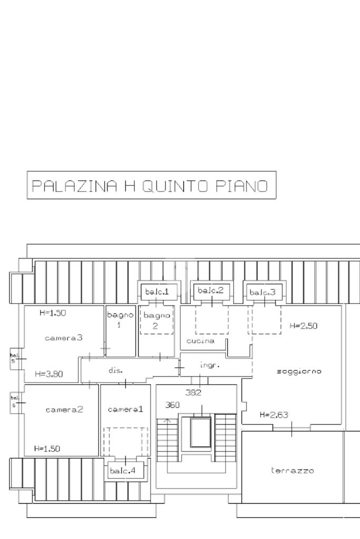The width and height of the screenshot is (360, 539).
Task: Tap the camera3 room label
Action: [64, 338]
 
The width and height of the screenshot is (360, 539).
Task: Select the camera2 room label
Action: [64, 409]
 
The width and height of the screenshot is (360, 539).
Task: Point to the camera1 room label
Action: [125, 409]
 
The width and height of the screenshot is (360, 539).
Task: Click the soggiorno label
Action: [299, 371]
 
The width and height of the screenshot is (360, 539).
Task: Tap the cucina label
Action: [200, 341]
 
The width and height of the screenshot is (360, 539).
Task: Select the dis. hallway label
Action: [115, 370]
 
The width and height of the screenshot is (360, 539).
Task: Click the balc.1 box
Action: [157, 291]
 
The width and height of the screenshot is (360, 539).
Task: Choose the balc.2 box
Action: [210, 290]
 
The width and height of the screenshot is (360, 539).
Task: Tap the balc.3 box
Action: [262, 292]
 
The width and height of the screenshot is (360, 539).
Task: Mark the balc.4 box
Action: [125, 471]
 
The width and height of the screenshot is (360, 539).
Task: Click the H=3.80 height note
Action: [49, 374]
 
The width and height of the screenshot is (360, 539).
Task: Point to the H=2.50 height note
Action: [304, 326]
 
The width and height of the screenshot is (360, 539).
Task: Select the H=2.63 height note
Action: [274, 415]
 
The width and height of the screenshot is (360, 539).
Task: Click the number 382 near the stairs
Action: [193, 392]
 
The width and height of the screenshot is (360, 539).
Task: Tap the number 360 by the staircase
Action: [172, 405]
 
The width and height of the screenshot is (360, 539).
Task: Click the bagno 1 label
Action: [119, 320]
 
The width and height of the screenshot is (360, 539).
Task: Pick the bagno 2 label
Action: [157, 320]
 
